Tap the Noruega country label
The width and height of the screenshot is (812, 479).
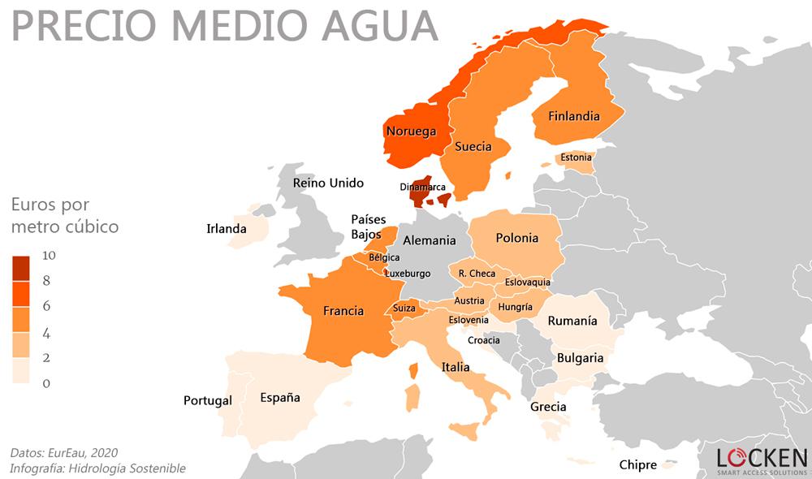[411, 132]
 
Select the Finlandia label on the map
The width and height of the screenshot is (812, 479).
[573, 116]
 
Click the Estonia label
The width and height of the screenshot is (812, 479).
[576, 157]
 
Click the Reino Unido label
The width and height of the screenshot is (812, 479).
[328, 183]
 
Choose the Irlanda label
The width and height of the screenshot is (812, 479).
[226, 229]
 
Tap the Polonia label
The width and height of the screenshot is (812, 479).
[516, 238]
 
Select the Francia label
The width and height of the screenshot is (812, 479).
[343, 311]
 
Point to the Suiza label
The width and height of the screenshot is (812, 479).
[404, 309]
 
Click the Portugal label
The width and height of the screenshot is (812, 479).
[207, 400]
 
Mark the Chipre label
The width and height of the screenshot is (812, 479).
[637, 465]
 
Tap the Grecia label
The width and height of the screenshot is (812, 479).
[548, 407]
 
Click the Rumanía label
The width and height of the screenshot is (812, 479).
[572, 321]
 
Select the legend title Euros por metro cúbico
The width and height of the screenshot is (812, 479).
[64, 215]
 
